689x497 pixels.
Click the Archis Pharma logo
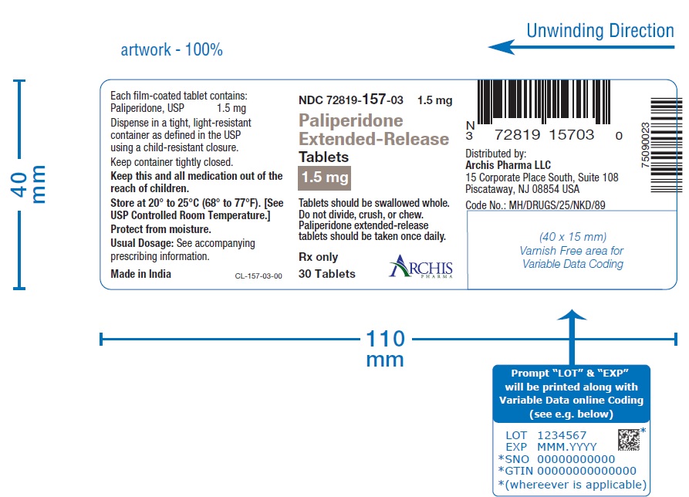[x=420, y=266]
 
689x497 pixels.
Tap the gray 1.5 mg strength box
[x=324, y=178]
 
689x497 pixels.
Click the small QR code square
[x=629, y=440]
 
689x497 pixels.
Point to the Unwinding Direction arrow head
[x=502, y=47]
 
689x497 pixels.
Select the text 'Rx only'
[x=318, y=257]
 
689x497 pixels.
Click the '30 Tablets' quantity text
[x=327, y=274]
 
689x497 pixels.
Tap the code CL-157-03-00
[x=258, y=276]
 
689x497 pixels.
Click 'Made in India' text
[x=140, y=274]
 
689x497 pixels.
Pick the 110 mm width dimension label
[x=385, y=349]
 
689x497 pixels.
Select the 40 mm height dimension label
[x=28, y=184]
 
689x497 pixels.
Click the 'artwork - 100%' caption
[x=172, y=49]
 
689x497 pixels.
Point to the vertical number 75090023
[x=645, y=145]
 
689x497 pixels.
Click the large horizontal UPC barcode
[x=543, y=102]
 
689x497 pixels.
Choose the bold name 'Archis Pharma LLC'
[x=508, y=165]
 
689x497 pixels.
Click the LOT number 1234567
[x=562, y=435]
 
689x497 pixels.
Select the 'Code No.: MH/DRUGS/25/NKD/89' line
[x=535, y=205]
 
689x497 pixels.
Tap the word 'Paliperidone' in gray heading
[x=350, y=120]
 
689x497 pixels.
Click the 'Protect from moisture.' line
[x=160, y=229]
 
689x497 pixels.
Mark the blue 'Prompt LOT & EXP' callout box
[x=571, y=394]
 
